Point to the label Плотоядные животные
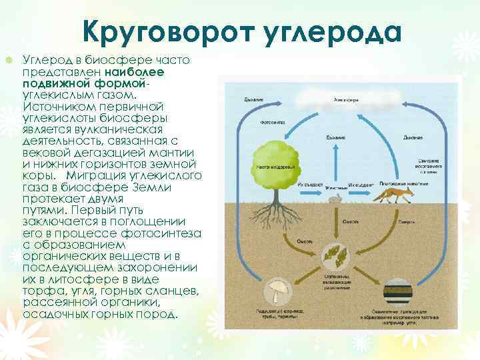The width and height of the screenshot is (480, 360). click(403, 184)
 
